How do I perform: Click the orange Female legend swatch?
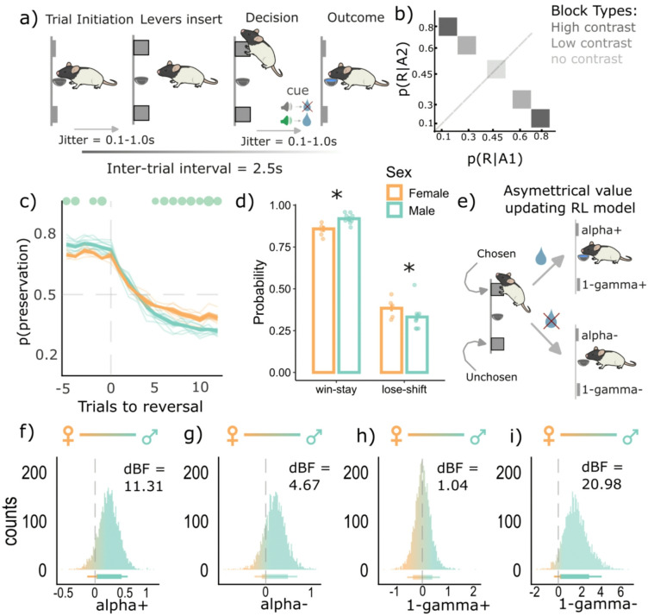tap(395, 192)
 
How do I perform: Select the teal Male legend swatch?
tap(395, 210)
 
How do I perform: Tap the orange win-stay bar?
tap(324, 300)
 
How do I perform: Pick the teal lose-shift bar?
tap(416, 344)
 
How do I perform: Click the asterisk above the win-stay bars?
tap(337, 194)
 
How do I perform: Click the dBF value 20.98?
tap(601, 484)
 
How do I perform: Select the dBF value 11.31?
tap(143, 486)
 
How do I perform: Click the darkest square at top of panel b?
tap(447, 27)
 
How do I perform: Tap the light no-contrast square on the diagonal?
tap(496, 69)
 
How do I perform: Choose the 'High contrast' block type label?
tap(593, 28)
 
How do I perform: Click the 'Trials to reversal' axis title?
tap(140, 406)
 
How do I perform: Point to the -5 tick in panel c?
tap(63, 388)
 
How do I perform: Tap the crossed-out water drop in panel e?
tap(550, 321)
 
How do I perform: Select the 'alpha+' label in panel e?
tap(601, 230)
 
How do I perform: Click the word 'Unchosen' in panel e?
tap(491, 377)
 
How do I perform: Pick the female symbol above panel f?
tap(68, 436)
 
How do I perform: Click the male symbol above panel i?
tap(630, 436)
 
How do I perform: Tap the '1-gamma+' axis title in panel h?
tap(448, 606)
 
